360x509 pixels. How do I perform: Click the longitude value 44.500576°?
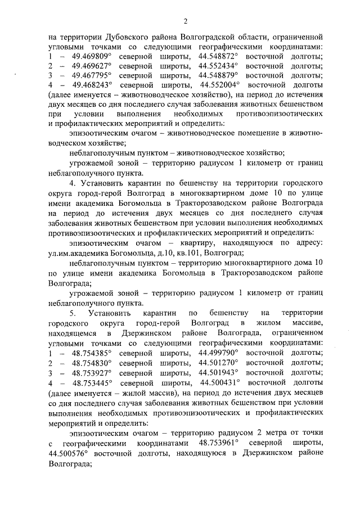tap(71, 453)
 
